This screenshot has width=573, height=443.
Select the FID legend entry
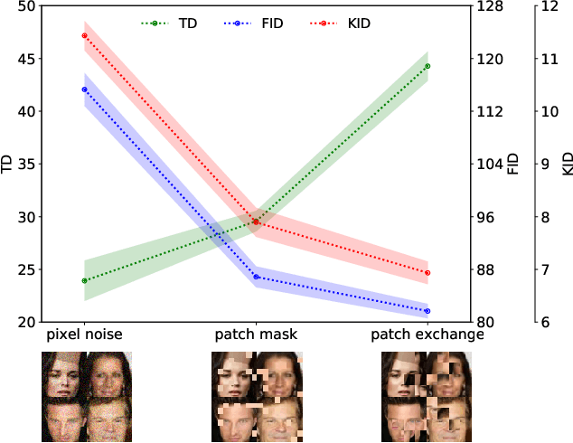258,23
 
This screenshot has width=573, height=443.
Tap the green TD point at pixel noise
84,280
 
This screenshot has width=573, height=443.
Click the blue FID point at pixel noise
84,90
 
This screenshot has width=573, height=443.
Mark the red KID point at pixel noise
84,36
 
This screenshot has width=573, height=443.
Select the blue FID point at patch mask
256,277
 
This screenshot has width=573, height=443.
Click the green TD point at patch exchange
427,66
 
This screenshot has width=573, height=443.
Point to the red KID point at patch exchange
427,272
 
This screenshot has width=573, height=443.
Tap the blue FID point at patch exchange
427,311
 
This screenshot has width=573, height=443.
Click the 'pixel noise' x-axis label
84,335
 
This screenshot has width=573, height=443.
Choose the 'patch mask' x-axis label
256,335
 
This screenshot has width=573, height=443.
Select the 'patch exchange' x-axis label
427,335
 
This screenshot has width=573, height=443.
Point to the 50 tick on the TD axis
27,6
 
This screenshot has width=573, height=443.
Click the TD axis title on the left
8,164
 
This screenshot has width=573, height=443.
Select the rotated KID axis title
568,164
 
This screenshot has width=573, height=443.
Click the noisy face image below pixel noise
87,396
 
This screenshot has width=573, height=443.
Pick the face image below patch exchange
427,396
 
